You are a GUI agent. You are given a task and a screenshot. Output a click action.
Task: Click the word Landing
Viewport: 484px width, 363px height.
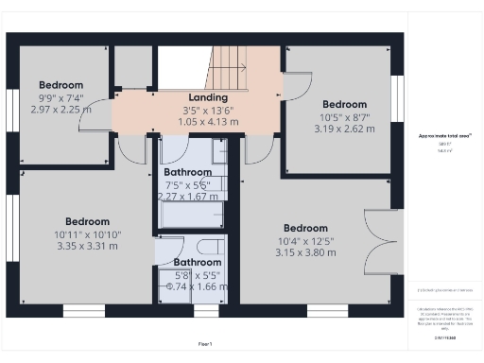[x=207, y=97]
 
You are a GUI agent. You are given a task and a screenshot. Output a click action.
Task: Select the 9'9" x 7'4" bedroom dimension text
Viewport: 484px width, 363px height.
[x=60, y=97]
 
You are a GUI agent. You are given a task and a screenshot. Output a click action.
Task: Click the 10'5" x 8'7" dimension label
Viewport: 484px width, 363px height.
[x=344, y=117]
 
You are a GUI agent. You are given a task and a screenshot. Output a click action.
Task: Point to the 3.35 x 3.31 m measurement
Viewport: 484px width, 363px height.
[x=86, y=246]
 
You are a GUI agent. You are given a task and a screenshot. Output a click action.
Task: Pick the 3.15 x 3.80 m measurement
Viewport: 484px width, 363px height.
[x=305, y=252]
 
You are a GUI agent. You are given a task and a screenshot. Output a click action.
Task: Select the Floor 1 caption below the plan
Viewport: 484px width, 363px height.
[x=205, y=343]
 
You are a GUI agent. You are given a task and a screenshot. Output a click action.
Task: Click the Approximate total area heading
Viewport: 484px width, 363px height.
[x=445, y=136]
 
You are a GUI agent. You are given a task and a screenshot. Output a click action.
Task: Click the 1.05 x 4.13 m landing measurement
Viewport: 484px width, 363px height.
[x=207, y=122]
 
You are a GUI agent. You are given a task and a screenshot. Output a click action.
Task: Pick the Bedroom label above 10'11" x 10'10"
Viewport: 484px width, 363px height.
[x=86, y=221]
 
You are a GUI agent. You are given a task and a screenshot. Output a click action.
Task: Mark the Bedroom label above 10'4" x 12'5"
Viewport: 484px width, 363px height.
[x=305, y=228]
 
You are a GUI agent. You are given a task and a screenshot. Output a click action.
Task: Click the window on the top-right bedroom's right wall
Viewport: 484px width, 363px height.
[x=398, y=93]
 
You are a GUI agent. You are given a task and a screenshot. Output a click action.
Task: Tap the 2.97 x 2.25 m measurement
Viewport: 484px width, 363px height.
[x=60, y=110]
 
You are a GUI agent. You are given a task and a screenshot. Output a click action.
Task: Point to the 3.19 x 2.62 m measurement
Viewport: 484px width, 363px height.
[x=344, y=130]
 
